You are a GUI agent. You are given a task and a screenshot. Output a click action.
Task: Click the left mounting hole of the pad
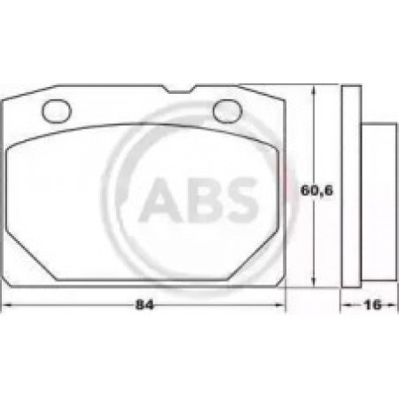[x=57, y=111]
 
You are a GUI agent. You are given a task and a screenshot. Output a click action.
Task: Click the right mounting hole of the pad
[x=228, y=111]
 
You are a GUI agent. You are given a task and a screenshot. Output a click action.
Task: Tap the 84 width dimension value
[x=145, y=305]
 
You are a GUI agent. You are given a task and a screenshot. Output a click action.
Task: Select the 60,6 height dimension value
[x=317, y=190]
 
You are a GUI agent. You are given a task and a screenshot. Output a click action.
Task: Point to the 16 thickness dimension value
[x=373, y=305]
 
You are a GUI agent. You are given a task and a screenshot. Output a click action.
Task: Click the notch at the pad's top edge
[x=179, y=89]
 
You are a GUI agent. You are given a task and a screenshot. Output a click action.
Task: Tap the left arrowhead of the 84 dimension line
[x=6, y=305]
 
